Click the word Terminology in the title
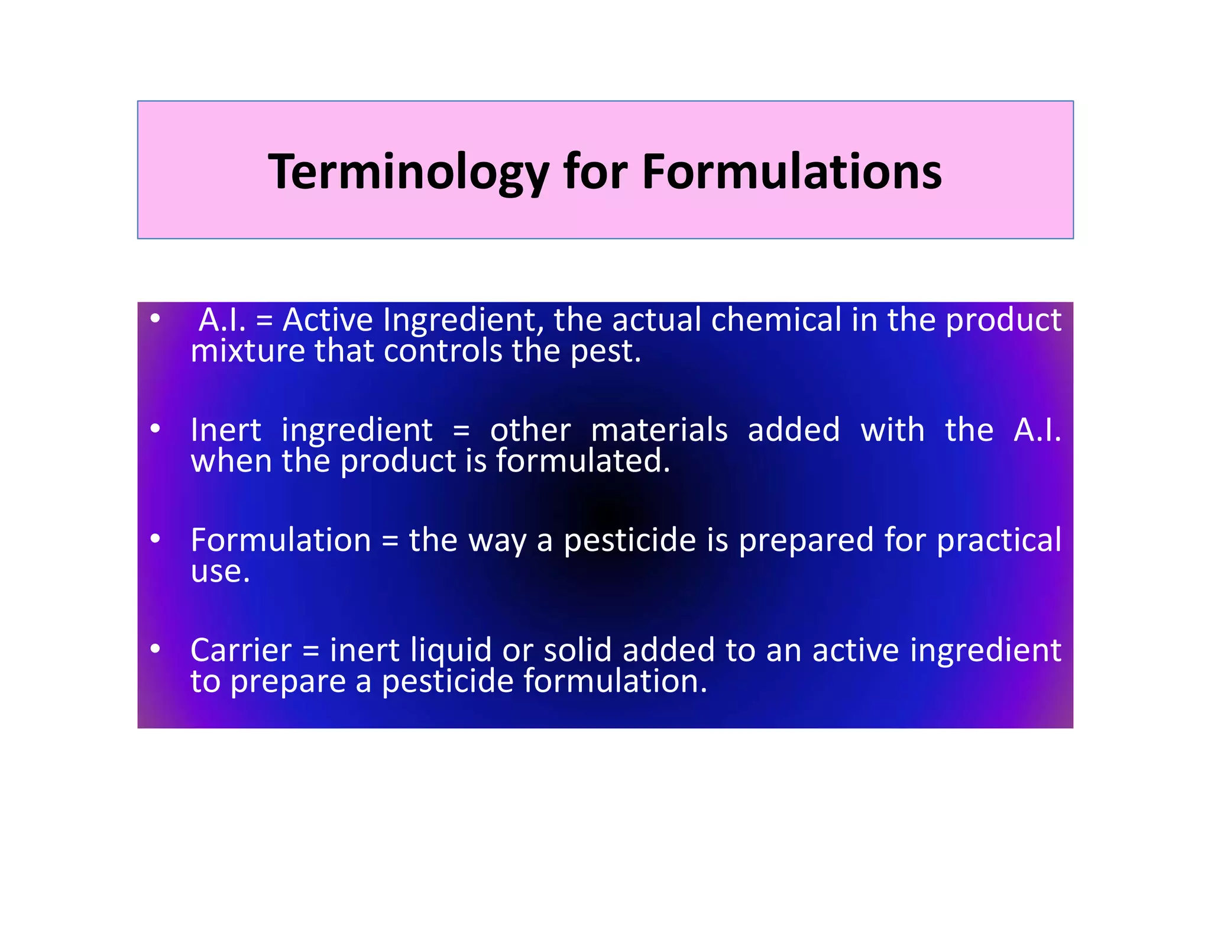(408, 172)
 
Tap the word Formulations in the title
(792, 172)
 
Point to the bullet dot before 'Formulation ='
(156, 538)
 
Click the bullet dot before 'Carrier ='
(156, 648)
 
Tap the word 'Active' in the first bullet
(328, 320)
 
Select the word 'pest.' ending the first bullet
(605, 351)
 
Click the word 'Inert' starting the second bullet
(225, 430)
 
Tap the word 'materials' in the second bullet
(659, 430)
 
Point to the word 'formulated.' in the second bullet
(583, 461)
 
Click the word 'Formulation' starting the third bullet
(281, 540)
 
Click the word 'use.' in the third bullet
(220, 572)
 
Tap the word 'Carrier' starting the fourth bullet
(241, 650)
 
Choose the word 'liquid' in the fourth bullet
(451, 650)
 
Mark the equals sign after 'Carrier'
(311, 651)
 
